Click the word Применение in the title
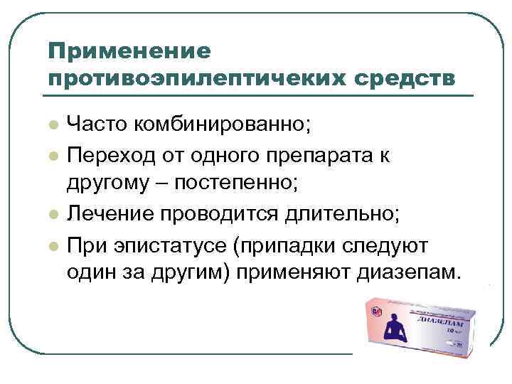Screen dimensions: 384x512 (129, 50)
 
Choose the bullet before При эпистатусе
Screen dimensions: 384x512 (53, 246)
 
